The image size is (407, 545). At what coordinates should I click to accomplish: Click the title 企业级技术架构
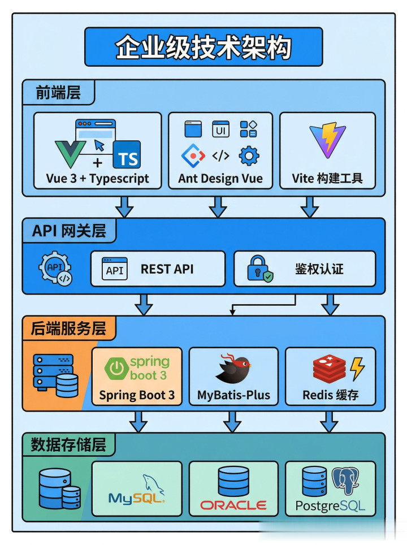pyautogui.click(x=203, y=47)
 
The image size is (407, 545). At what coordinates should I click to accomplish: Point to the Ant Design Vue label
pyautogui.click(x=220, y=179)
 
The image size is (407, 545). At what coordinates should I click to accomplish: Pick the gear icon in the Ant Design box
pyautogui.click(x=249, y=155)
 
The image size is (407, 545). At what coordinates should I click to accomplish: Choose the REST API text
pyautogui.click(x=167, y=269)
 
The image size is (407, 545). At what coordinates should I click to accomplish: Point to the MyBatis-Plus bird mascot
pyautogui.click(x=233, y=369)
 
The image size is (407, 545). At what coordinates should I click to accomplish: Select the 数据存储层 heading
pyautogui.click(x=68, y=445)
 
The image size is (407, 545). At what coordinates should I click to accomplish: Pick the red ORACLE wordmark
pyautogui.click(x=233, y=505)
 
